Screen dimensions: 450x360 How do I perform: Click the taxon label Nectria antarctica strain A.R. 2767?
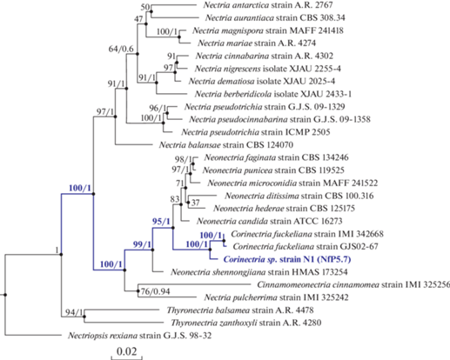pyautogui.click(x=268, y=5)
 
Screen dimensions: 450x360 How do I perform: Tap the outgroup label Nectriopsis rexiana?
pyautogui.click(x=103, y=336)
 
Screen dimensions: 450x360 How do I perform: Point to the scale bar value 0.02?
pyautogui.click(x=126, y=351)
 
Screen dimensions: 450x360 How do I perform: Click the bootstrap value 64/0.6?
pyautogui.click(x=121, y=49)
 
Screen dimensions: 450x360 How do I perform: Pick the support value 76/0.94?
pyautogui.click(x=155, y=291)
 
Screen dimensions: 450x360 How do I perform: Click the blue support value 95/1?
pyautogui.click(x=161, y=222)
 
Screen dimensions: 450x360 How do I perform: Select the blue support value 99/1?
pyautogui.click(x=142, y=244)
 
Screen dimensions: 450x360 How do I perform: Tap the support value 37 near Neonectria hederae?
pyautogui.click(x=196, y=203)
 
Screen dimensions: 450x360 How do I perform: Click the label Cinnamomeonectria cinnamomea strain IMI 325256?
pyautogui.click(x=353, y=284)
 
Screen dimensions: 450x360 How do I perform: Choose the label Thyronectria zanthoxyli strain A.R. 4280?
pyautogui.click(x=246, y=323)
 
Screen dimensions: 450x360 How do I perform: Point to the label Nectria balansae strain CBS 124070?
pyautogui.click(x=226, y=144)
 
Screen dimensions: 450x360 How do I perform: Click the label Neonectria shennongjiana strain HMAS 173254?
pyautogui.click(x=259, y=272)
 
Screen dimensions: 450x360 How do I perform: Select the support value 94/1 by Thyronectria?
pyautogui.click(x=74, y=312)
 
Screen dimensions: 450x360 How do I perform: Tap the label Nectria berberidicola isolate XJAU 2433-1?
pyautogui.click(x=273, y=94)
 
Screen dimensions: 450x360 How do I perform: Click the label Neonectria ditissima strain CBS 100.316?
pyautogui.click(x=299, y=196)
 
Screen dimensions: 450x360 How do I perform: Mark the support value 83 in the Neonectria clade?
pyautogui.click(x=175, y=199)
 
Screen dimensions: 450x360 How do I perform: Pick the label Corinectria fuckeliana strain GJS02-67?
pyautogui.click(x=306, y=246)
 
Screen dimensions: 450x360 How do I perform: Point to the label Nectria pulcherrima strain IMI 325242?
pyautogui.click(x=277, y=297)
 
